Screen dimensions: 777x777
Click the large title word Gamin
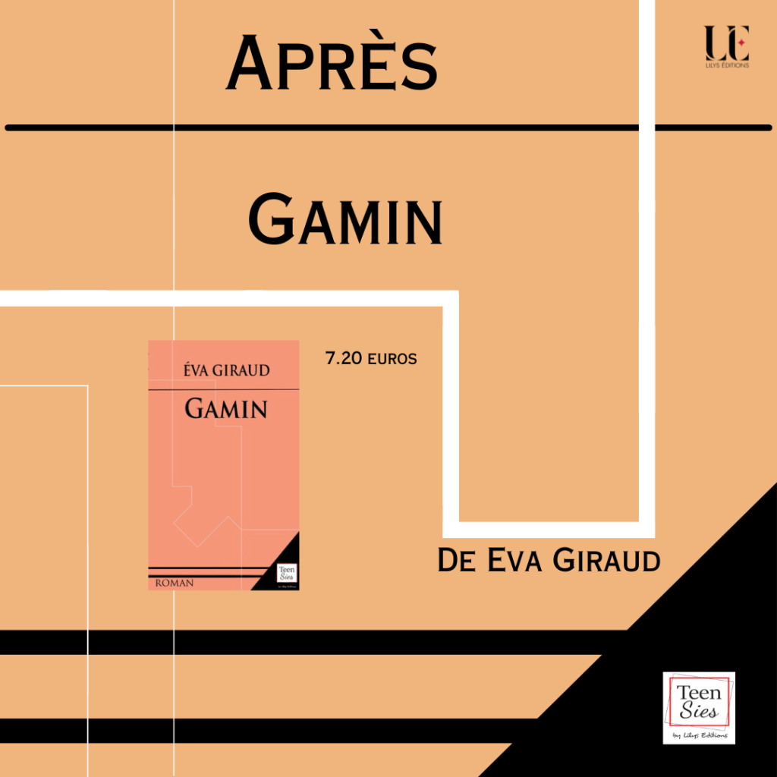[345, 219]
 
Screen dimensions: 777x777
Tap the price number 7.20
[344, 358]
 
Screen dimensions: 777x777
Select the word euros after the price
[392, 359]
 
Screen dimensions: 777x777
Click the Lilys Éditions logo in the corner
[726, 46]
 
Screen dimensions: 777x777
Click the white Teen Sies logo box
[699, 707]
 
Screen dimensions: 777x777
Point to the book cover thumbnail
[223, 465]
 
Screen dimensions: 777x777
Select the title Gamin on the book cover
[225, 409]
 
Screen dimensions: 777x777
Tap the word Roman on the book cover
[174, 583]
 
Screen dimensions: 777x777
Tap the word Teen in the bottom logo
[698, 693]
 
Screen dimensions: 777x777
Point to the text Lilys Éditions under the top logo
[726, 66]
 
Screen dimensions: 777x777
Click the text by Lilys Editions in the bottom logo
[700, 735]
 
